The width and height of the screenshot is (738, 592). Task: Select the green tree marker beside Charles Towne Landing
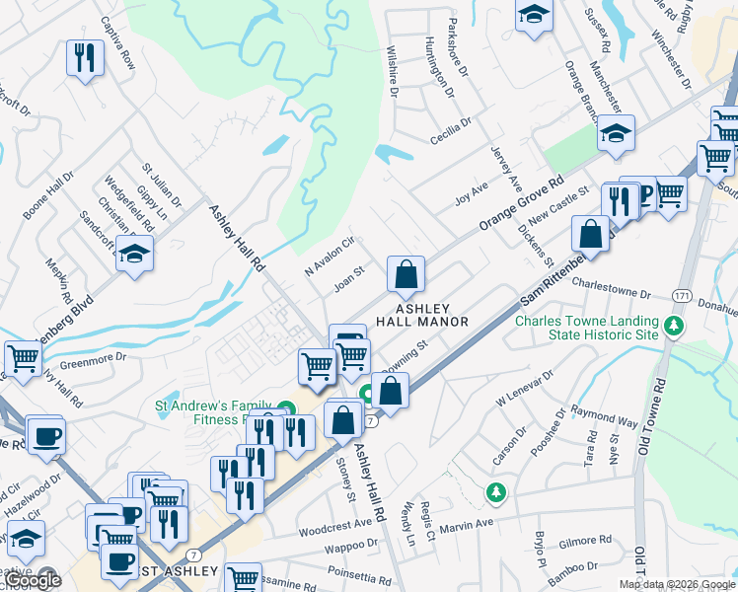pyautogui.click(x=675, y=325)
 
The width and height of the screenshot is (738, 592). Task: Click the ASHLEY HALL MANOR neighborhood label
pyautogui.click(x=434, y=315)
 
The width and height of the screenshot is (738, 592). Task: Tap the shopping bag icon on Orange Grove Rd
pyautogui.click(x=406, y=275)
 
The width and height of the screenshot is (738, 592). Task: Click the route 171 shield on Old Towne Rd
pyautogui.click(x=681, y=296)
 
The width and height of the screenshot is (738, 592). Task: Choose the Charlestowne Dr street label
pyautogui.click(x=612, y=293)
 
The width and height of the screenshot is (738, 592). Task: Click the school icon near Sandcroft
pyautogui.click(x=134, y=255)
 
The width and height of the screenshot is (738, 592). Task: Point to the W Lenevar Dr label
pyautogui.click(x=526, y=388)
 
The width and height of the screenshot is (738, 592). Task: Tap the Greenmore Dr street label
pyautogui.click(x=94, y=360)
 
